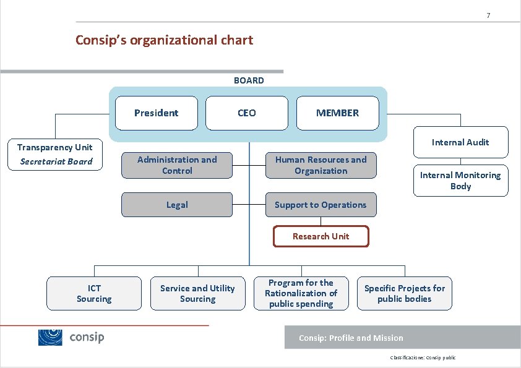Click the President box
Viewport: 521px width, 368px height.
point(157,113)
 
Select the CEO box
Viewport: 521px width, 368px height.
point(246,113)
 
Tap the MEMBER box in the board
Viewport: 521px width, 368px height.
point(337,113)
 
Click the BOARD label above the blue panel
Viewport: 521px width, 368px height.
point(249,80)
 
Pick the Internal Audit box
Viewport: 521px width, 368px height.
point(460,142)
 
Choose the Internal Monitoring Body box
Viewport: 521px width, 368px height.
point(460,181)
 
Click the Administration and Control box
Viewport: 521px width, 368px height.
point(177,165)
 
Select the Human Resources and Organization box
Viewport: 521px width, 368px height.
point(321,165)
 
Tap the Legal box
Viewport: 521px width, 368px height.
point(177,205)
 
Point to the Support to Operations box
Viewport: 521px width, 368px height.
point(321,205)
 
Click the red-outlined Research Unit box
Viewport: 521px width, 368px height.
point(321,236)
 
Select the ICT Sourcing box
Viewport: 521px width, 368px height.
point(94,293)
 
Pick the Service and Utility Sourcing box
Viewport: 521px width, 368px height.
point(197,293)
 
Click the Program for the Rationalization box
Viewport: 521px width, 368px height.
point(301,293)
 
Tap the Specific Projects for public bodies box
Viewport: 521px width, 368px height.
point(404,293)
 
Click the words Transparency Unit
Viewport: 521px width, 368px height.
point(54,147)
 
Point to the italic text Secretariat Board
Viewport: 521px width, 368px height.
point(56,161)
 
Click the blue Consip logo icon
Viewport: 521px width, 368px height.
point(51,337)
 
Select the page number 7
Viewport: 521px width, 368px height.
point(488,15)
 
